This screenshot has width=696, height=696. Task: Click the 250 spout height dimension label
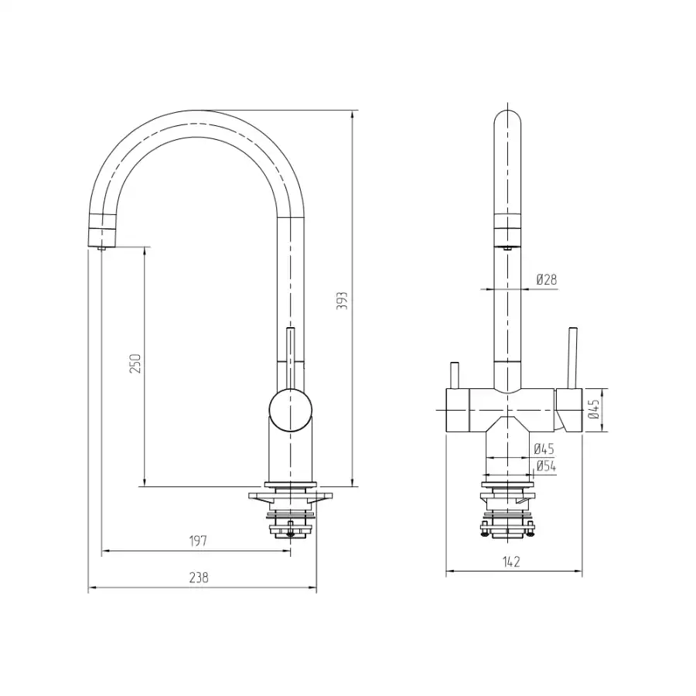135,363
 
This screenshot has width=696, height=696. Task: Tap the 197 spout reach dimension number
198,541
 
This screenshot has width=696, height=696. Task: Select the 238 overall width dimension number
199,578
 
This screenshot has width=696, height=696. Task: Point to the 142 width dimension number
511,561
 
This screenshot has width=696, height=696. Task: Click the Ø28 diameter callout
547,279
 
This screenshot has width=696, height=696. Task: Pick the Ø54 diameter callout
546,466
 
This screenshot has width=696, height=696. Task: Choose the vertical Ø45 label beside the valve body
593,408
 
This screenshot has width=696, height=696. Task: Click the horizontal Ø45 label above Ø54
544,449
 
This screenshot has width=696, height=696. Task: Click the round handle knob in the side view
290,410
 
